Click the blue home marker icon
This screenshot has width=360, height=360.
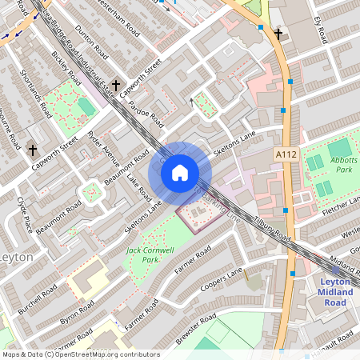coord(180,172)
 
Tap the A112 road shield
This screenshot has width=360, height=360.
coord(286,154)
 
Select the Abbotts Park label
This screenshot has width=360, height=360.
coord(346,164)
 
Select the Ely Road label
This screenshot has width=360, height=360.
coord(322,30)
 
